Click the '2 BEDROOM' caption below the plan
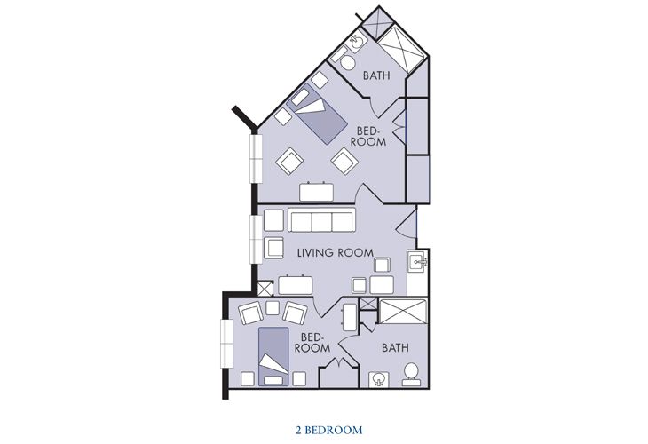click(329, 430)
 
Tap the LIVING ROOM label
click(336, 252)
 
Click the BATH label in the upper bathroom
click(376, 75)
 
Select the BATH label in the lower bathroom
click(395, 348)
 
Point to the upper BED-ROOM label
click(368, 137)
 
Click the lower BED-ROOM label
click(312, 342)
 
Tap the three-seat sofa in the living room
click(321, 220)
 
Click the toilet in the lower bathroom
click(411, 374)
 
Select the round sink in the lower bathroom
click(378, 379)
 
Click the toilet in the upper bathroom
click(345, 62)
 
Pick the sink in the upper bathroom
click(356, 42)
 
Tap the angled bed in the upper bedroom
click(316, 115)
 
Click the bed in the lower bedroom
click(273, 356)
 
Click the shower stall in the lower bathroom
click(402, 312)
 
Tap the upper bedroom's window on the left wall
click(257, 158)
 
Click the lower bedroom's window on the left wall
click(227, 343)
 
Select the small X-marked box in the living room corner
click(265, 289)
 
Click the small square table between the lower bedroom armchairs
click(273, 307)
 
